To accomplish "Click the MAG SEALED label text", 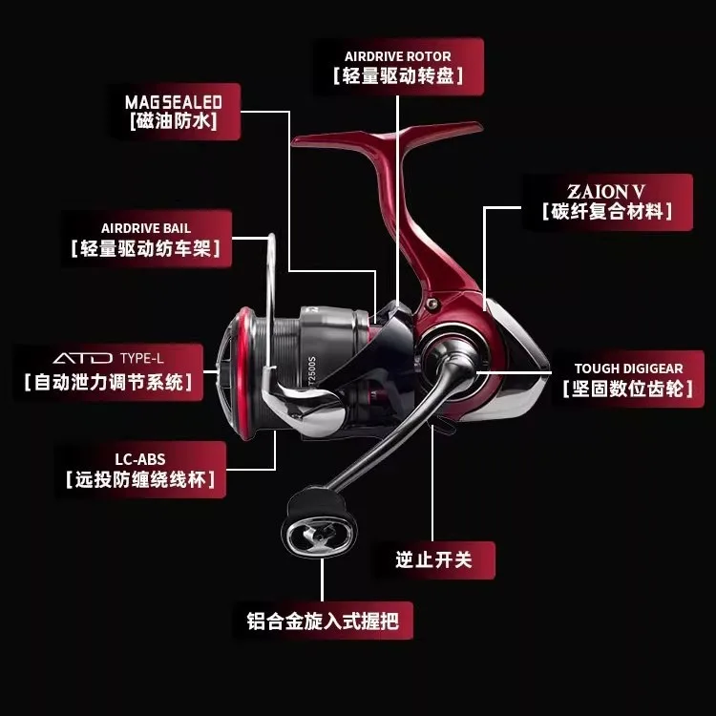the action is point(174,102).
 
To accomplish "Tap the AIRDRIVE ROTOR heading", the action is point(398,56).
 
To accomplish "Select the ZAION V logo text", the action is point(606,191).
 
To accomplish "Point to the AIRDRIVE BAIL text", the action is point(146,228).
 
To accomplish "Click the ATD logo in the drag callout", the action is point(83,358).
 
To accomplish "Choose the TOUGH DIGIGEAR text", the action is point(629,369).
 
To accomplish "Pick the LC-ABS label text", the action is point(140,459).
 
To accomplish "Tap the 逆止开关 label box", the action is point(434,559).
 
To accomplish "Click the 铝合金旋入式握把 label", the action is point(323,621).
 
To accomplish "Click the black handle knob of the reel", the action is point(319,522).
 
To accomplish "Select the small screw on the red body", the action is point(432,304).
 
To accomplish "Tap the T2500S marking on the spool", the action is point(312,369).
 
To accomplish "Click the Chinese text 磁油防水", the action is point(174,121).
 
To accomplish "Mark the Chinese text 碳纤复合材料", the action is point(607,211).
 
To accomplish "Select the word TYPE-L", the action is point(141,358).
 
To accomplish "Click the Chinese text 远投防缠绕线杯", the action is point(140,479).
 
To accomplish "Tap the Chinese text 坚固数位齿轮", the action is point(628,389).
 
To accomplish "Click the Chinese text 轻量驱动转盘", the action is point(398,75).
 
